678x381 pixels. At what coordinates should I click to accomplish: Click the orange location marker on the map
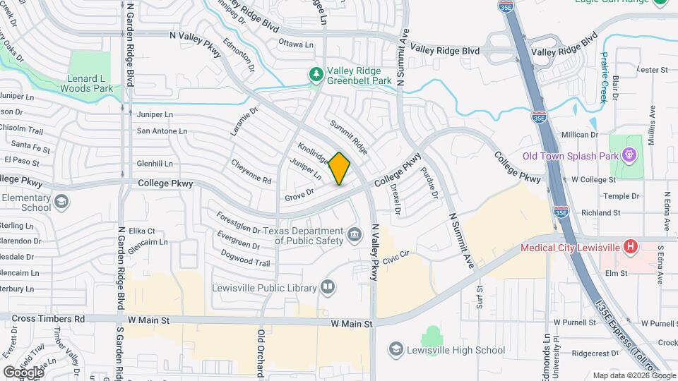pos(340,169)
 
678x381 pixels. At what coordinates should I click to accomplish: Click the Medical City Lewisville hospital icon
pos(631,247)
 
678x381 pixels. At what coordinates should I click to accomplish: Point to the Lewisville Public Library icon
pos(327,287)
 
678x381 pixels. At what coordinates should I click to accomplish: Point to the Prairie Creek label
pos(605,78)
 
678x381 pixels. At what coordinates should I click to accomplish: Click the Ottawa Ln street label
pos(296,44)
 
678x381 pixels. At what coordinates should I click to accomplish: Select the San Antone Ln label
pos(162,131)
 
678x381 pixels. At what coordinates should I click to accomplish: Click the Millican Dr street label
pos(580,134)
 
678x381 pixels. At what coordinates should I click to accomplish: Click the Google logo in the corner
pos(23,372)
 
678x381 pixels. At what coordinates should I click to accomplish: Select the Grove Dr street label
pos(299,195)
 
